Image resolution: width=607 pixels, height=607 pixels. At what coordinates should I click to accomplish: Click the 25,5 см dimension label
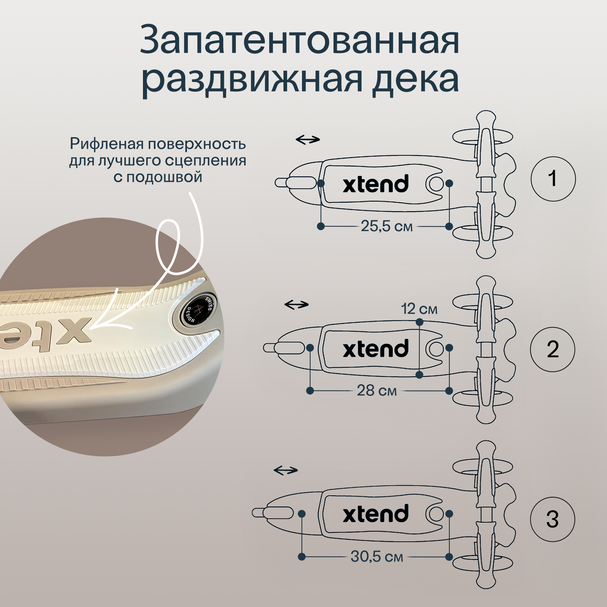(x=386, y=226)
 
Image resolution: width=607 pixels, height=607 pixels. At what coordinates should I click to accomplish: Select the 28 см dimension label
(x=377, y=391)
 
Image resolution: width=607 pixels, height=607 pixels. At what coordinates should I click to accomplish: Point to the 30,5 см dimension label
(x=377, y=556)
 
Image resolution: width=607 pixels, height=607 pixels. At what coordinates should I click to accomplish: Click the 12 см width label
(x=419, y=309)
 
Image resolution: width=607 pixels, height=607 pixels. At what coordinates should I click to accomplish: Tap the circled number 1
(x=553, y=179)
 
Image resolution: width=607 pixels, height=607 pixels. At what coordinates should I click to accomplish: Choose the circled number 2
(x=553, y=349)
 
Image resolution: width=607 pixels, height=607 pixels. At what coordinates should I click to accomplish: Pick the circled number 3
(x=553, y=519)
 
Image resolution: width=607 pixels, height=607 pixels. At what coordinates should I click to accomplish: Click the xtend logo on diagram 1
(x=376, y=184)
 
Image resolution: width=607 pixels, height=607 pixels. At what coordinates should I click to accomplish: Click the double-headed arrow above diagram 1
(x=307, y=139)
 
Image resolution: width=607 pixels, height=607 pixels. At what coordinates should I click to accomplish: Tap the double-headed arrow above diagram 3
(x=286, y=470)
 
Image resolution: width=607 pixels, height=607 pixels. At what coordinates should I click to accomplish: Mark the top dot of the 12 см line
(x=419, y=322)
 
